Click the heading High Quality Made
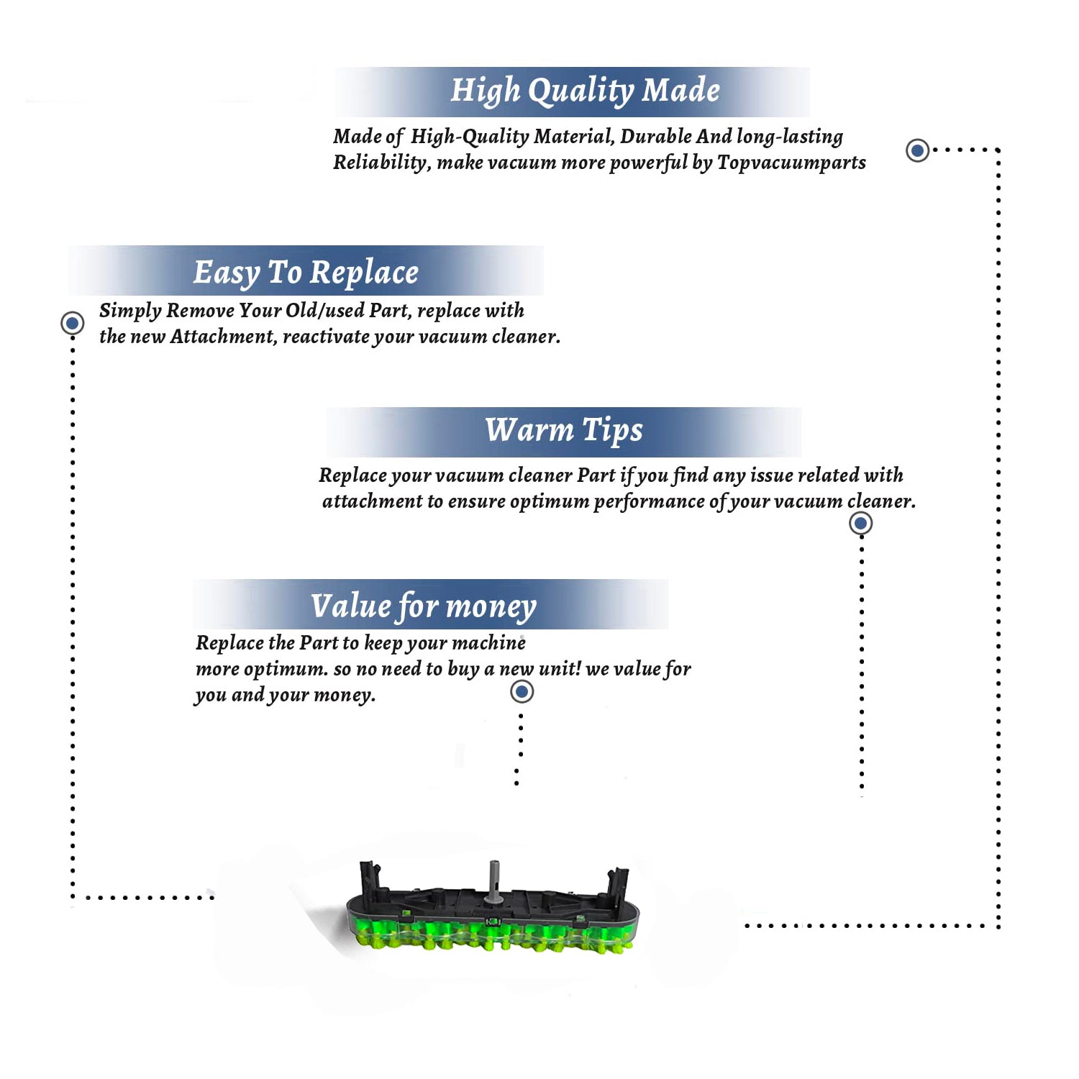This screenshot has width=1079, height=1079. [x=585, y=91]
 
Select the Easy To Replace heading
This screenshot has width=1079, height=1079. [x=306, y=273]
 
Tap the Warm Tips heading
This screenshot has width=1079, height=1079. [x=564, y=430]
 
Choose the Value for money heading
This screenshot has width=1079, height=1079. [x=424, y=606]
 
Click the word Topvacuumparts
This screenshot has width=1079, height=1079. [x=791, y=163]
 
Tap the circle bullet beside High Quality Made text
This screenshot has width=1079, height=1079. [x=917, y=150]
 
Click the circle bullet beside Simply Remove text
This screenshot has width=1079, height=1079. [x=72, y=323]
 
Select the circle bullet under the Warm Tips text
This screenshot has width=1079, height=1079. [x=861, y=523]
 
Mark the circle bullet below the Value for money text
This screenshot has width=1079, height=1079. [x=522, y=692]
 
